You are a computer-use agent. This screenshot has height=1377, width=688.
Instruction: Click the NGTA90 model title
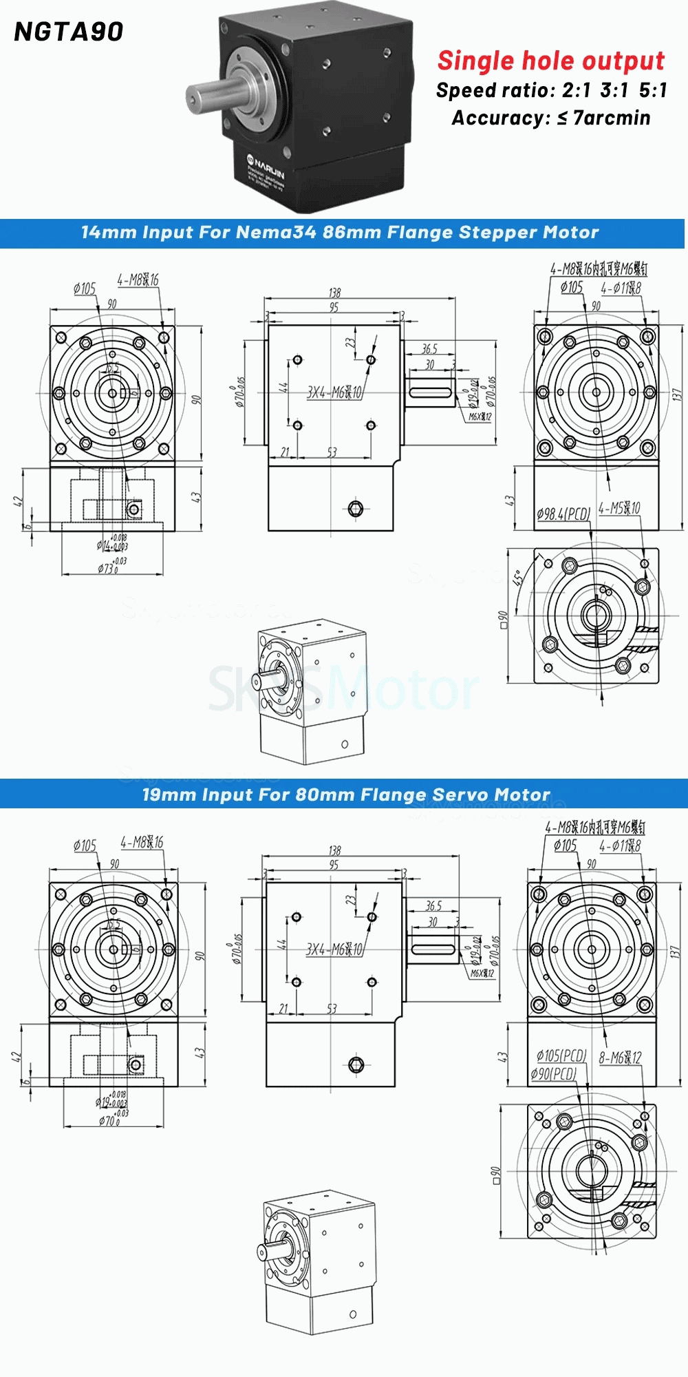coord(69,32)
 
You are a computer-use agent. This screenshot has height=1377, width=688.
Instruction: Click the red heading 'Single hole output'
coord(551,61)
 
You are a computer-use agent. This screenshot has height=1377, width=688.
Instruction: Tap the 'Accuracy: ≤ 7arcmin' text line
coord(551,118)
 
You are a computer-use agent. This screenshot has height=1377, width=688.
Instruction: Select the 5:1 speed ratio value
coord(653,90)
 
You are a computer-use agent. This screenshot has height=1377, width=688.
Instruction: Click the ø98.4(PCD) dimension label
coord(563,514)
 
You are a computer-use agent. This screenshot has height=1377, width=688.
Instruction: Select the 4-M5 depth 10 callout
coord(619,508)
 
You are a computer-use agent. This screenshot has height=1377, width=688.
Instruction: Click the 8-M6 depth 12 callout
coord(620,1058)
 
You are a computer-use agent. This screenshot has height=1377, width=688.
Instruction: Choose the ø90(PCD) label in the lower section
coord(553,1073)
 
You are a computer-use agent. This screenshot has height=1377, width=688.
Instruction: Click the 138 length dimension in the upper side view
coord(334,293)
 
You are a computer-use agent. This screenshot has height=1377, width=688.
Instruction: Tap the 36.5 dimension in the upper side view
coord(429,349)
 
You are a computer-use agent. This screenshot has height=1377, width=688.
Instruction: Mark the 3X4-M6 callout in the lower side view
coord(334,949)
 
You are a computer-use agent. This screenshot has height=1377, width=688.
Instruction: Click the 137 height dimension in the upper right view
coord(676,395)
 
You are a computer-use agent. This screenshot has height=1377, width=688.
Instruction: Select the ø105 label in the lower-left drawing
coord(85,845)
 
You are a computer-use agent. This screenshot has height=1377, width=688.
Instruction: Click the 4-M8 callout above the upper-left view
coord(138,280)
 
